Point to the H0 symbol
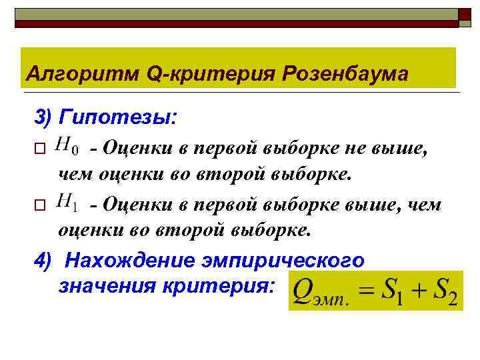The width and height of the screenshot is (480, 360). coord(68,147)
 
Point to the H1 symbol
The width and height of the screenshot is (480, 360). coord(68,204)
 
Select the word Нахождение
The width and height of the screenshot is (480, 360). coord(131,261)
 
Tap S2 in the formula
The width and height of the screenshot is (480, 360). coord(443,293)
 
